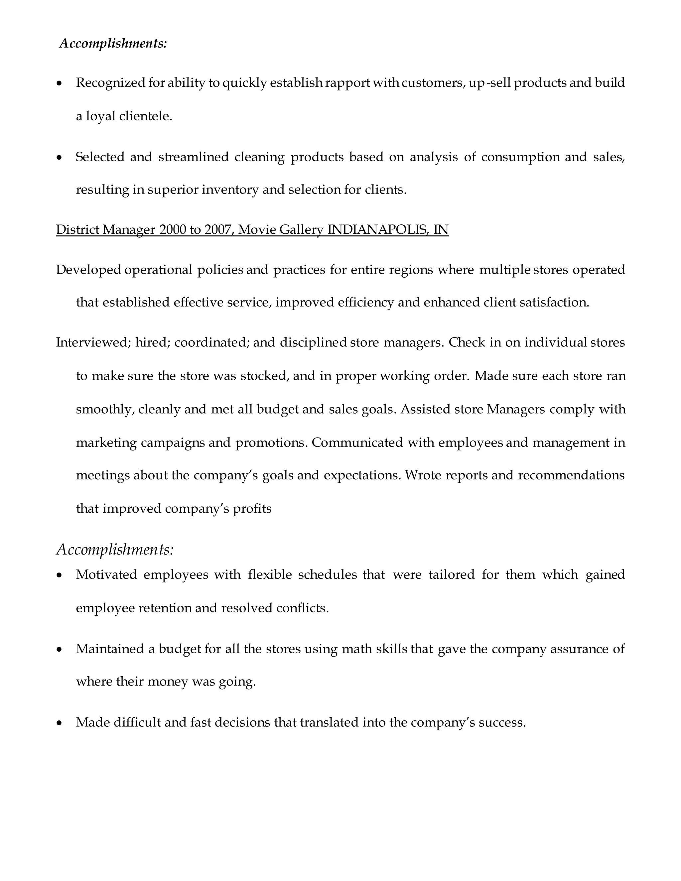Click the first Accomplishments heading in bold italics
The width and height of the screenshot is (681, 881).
coord(113,43)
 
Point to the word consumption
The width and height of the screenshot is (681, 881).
coord(520,157)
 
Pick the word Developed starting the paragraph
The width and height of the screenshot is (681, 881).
coord(88,270)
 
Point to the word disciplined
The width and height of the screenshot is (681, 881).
coord(313,342)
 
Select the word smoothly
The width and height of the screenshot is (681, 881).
coord(105,410)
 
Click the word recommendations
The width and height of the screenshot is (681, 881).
coord(571,475)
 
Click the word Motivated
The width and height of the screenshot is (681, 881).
coord(106,574)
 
